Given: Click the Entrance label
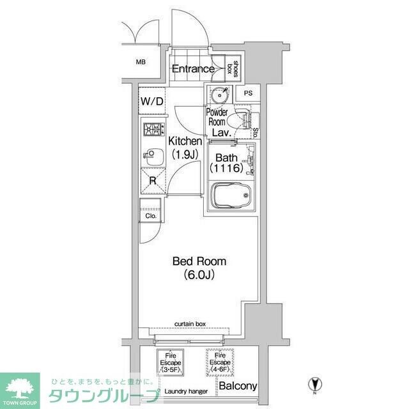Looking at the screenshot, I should tap(192, 69).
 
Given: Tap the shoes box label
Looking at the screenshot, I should tap(235, 68).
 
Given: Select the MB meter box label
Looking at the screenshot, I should tap(140, 62).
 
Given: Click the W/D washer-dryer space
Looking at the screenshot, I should tap(152, 101).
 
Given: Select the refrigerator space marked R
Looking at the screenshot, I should tap(153, 180).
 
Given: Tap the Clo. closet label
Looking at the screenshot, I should tap(151, 216).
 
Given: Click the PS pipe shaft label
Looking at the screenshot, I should tap(248, 94).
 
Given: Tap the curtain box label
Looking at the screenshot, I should tap(191, 325).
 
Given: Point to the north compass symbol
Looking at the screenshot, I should tap(314, 385).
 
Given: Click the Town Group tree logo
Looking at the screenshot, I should tap(19, 387).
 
